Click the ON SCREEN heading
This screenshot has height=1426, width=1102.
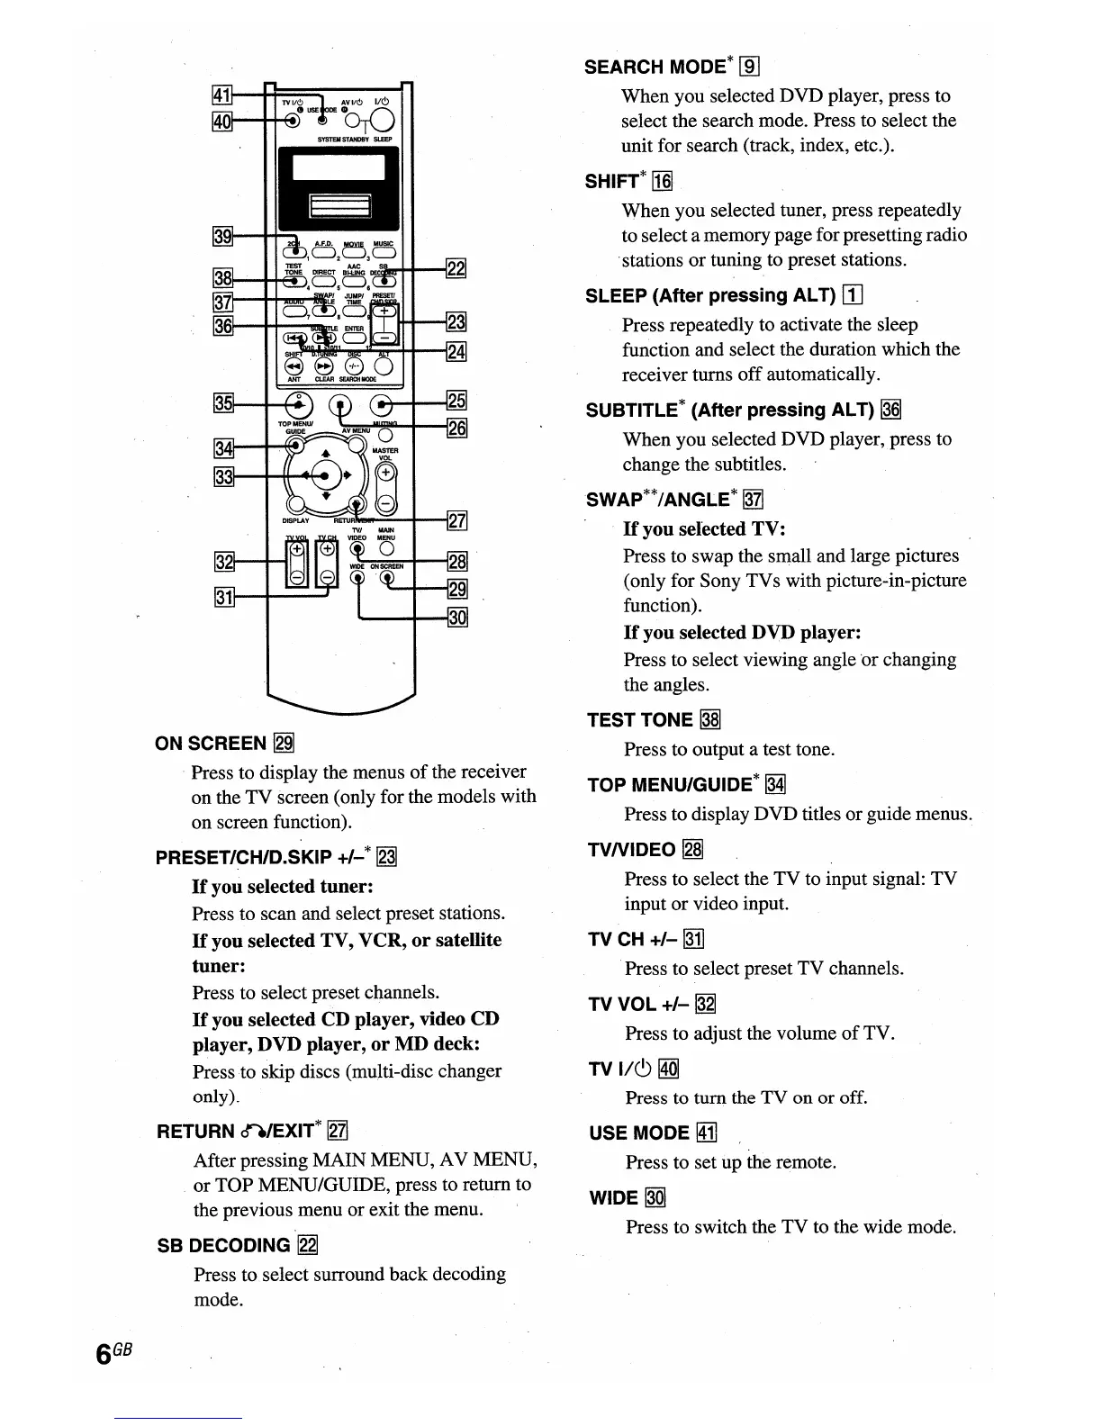pos(212,744)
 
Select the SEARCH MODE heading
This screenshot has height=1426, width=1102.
pos(655,67)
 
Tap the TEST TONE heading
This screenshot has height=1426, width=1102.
pos(640,720)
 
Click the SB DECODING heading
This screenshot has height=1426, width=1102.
pos(223,1246)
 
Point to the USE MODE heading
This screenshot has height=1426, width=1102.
pos(638,1133)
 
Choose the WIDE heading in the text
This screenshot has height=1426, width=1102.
pos(613,1198)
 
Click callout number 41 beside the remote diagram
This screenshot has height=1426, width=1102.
pos(221,94)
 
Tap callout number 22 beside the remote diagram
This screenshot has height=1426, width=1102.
pos(456,267)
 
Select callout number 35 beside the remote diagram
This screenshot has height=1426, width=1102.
pos(221,402)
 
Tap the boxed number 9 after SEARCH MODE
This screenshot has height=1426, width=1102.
pos(750,66)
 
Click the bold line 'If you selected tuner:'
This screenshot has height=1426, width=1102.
pos(283,887)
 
